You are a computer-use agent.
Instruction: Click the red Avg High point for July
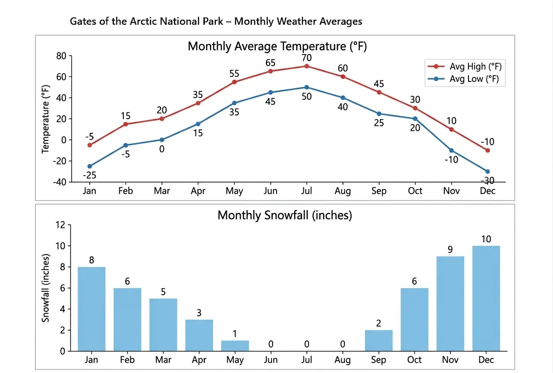(x=306, y=66)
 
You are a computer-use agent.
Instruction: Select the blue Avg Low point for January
(x=90, y=166)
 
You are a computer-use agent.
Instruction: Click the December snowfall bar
(x=486, y=298)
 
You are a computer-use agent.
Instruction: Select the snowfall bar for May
(x=235, y=346)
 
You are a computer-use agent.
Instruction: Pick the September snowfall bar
(x=379, y=340)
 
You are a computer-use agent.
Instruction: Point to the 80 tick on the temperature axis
(x=61, y=56)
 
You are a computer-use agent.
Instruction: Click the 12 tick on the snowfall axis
(x=61, y=225)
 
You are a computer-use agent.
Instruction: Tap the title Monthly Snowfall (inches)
(x=284, y=216)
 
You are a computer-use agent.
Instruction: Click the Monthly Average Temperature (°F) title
(x=277, y=46)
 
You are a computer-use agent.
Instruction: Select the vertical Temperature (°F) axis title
(x=46, y=119)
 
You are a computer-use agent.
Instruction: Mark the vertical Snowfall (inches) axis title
(x=46, y=288)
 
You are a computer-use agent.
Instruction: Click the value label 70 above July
(x=306, y=57)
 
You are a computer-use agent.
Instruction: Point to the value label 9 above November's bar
(x=450, y=249)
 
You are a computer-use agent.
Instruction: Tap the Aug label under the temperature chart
(x=343, y=191)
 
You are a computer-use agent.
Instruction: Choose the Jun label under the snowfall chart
(x=271, y=360)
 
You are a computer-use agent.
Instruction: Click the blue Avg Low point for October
(x=415, y=119)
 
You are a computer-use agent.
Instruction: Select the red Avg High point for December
(x=487, y=150)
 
